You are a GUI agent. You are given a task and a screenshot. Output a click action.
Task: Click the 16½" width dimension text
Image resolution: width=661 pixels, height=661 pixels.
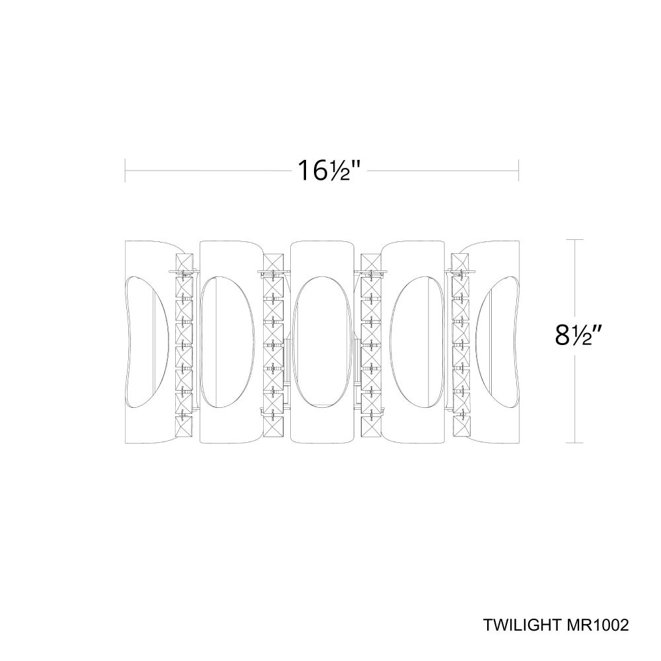click(x=329, y=171)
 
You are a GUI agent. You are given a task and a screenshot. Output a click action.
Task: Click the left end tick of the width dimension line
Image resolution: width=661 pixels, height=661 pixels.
click(x=125, y=171)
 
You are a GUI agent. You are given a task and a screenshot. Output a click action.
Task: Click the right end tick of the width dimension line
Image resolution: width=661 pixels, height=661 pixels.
click(x=518, y=171)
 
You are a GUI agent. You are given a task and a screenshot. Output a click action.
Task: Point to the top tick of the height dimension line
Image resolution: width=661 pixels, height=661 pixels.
click(x=574, y=239)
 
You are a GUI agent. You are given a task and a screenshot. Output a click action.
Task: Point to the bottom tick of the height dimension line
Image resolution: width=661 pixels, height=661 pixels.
click(x=574, y=443)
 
